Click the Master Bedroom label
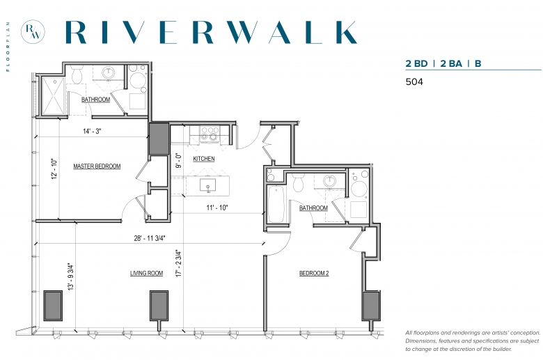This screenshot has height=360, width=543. [x=97, y=166]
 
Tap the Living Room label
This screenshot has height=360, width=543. [x=146, y=273]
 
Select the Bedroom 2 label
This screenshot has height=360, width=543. [x=314, y=273]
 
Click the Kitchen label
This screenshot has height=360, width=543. [x=203, y=159]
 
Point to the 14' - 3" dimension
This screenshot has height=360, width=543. [x=92, y=131]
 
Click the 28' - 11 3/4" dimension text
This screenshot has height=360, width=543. [x=150, y=238]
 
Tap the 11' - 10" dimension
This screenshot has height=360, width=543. [x=217, y=208]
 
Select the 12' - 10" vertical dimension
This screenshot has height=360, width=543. [x=54, y=169]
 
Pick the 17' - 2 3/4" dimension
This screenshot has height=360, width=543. [x=179, y=263]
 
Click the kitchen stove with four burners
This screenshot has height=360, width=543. [x=210, y=134]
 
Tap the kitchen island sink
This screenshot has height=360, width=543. [x=207, y=185]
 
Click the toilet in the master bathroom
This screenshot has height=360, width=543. [x=77, y=74]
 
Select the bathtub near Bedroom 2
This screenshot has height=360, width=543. [x=276, y=205]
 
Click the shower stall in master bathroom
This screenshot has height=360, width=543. [x=53, y=96]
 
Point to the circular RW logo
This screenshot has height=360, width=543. [x=33, y=31]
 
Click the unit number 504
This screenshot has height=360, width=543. [x=414, y=81]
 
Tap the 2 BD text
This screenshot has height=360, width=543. [x=416, y=63]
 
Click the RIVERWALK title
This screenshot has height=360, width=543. [x=211, y=32]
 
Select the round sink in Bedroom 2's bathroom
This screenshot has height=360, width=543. [x=329, y=181]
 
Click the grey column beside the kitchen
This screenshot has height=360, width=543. [x=159, y=139]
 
